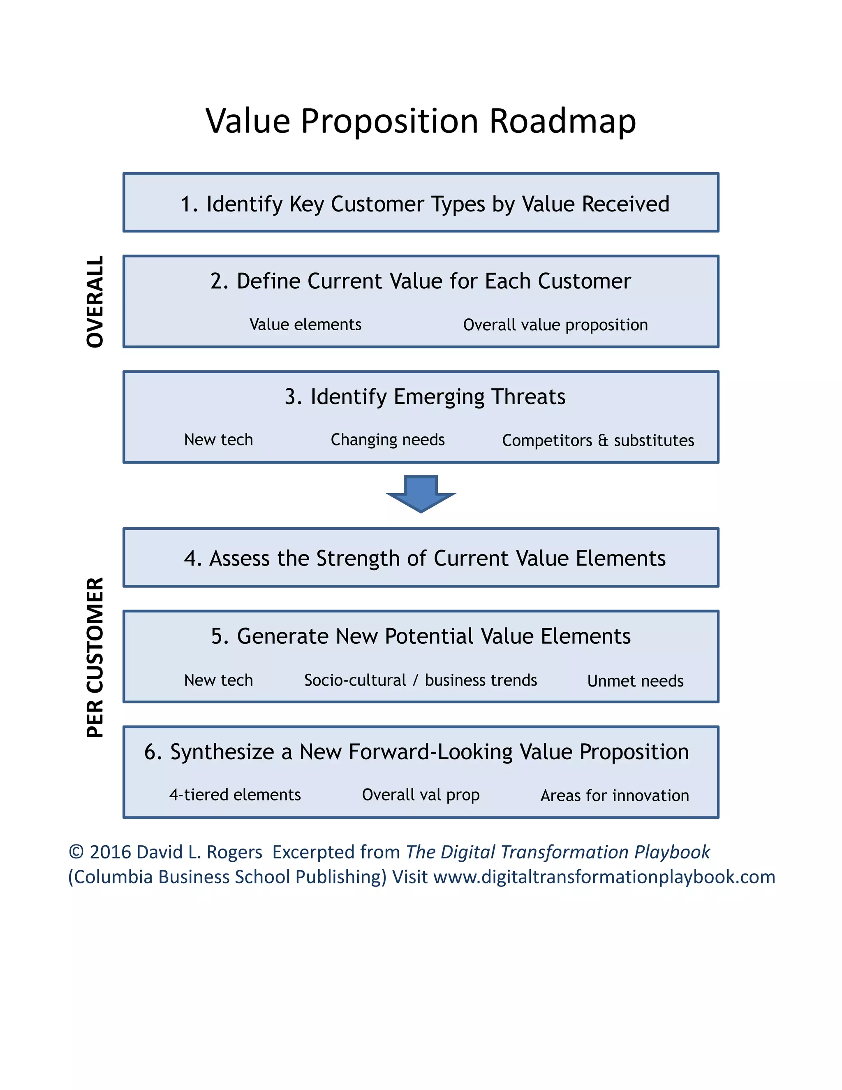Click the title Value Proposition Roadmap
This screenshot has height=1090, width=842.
[421, 121]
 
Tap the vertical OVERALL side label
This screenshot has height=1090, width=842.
[95, 301]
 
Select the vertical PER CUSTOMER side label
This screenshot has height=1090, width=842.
[95, 657]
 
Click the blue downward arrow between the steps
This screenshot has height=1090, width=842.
[421, 494]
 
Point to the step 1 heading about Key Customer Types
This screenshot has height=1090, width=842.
[424, 204]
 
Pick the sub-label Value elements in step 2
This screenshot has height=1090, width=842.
[305, 325]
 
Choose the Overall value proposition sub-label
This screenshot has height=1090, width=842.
[555, 325]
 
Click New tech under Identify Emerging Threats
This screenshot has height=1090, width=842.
[218, 440]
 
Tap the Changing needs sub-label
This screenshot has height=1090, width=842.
[388, 440]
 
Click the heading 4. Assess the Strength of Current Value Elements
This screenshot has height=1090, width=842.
[424, 558]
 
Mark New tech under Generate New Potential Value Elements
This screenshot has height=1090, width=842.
[218, 680]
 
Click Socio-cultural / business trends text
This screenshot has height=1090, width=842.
[421, 680]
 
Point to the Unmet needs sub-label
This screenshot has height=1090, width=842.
[635, 681]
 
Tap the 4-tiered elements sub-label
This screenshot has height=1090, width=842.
[235, 795]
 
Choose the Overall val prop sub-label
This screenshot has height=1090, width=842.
[421, 795]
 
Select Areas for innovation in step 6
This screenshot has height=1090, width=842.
[615, 795]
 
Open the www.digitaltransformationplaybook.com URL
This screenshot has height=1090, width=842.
[604, 877]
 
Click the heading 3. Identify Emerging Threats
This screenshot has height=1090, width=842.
[424, 397]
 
